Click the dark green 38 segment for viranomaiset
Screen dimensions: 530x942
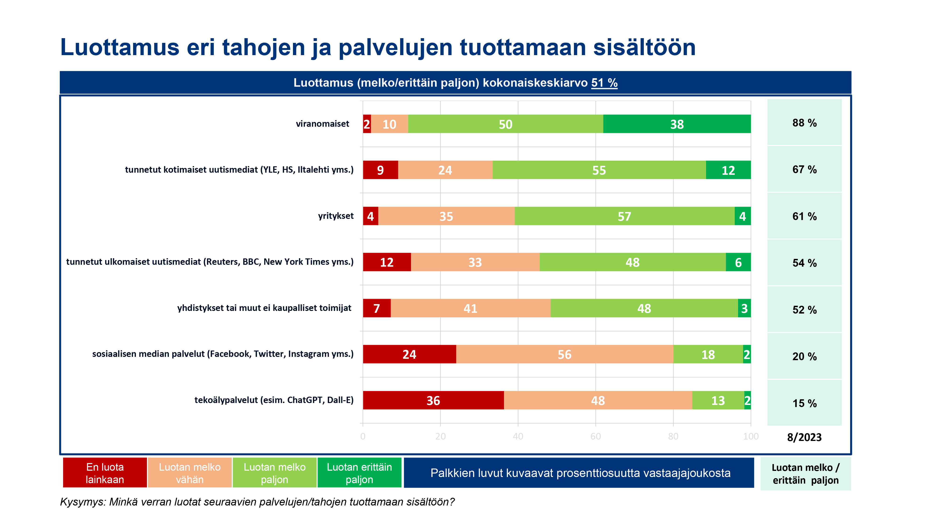click(x=677, y=124)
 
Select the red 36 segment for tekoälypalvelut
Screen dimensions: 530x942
click(x=433, y=400)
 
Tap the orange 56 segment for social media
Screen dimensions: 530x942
click(x=564, y=354)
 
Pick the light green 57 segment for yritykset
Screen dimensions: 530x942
click(x=624, y=216)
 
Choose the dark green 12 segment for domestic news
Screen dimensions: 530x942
click(x=728, y=170)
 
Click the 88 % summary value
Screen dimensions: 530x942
click(x=804, y=123)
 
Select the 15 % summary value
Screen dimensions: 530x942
click(x=804, y=403)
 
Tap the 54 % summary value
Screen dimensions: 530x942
click(x=804, y=263)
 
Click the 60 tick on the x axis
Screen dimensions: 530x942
click(x=595, y=436)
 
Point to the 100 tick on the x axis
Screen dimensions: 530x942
click(x=750, y=436)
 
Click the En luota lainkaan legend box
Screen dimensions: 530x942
click(x=105, y=473)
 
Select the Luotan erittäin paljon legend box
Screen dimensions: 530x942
click(x=359, y=473)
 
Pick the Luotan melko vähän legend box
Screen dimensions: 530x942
click(x=189, y=473)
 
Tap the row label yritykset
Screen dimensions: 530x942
click(x=336, y=216)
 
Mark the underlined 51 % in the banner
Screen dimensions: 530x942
click(x=604, y=83)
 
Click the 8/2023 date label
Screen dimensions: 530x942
click(x=804, y=437)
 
